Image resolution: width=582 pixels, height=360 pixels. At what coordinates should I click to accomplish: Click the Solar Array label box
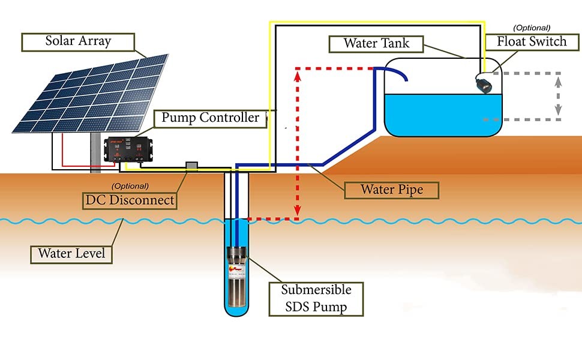click(79, 42)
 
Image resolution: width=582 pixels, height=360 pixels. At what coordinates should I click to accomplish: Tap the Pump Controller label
click(210, 117)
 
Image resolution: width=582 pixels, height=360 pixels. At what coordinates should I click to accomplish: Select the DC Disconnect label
click(130, 200)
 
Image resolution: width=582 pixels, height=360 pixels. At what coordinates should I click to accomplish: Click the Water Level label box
click(71, 253)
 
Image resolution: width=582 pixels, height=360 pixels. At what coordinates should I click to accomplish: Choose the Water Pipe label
click(391, 190)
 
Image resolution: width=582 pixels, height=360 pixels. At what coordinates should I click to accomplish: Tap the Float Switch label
click(532, 42)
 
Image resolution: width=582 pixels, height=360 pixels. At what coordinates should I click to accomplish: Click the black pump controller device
click(128, 151)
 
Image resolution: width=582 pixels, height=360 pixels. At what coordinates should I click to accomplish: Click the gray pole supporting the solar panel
click(95, 153)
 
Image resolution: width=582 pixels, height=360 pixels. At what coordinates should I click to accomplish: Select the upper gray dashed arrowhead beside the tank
click(558, 77)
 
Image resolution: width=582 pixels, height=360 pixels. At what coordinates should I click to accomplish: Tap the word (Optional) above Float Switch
click(532, 27)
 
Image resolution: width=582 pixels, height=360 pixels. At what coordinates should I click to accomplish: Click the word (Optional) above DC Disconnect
click(130, 186)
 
